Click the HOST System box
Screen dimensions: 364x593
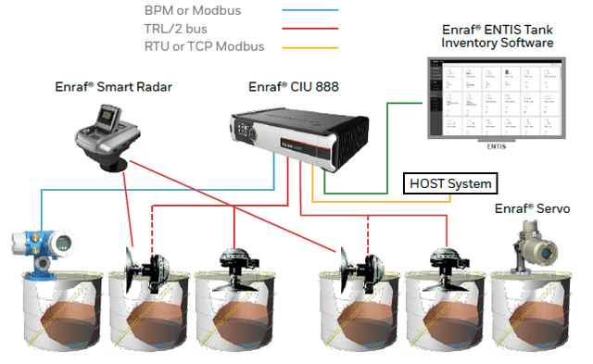click(x=451, y=183)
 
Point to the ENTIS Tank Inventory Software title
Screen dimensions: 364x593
click(x=497, y=36)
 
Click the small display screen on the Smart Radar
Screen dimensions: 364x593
click(x=111, y=118)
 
